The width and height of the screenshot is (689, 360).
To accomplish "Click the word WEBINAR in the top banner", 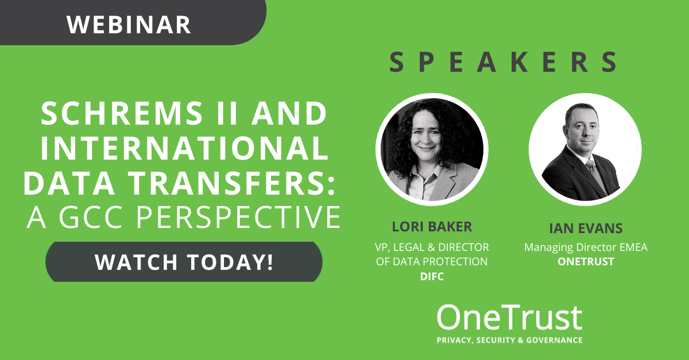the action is click(x=129, y=25).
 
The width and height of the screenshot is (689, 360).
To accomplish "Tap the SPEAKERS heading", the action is click(x=503, y=62).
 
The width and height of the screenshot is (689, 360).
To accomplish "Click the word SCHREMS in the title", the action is click(x=122, y=113).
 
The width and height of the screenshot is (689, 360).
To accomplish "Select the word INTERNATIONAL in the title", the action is click(x=184, y=148).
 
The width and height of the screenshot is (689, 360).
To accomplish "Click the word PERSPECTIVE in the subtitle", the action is click(x=238, y=217).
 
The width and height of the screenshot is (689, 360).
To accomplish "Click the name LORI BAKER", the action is click(x=432, y=227).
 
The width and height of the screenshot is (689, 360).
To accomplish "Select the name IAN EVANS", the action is click(x=586, y=229).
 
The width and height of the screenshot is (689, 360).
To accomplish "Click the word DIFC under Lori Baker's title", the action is click(x=432, y=277).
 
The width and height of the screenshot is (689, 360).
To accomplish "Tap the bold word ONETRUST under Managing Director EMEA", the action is click(x=586, y=262).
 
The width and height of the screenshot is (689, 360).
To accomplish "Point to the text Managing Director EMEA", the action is click(x=586, y=247).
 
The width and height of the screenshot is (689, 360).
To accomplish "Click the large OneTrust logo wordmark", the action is click(x=509, y=318).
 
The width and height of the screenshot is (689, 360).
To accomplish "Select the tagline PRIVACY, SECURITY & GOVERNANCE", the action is click(x=509, y=340).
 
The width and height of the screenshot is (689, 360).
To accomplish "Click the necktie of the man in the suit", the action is click(x=596, y=175).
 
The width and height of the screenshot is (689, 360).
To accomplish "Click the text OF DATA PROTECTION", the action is click(x=432, y=262).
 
